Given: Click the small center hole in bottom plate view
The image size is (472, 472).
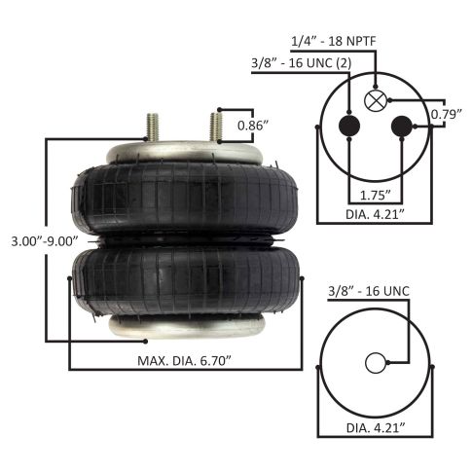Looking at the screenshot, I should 376,364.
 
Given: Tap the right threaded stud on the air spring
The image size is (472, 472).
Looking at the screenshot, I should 212,128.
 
